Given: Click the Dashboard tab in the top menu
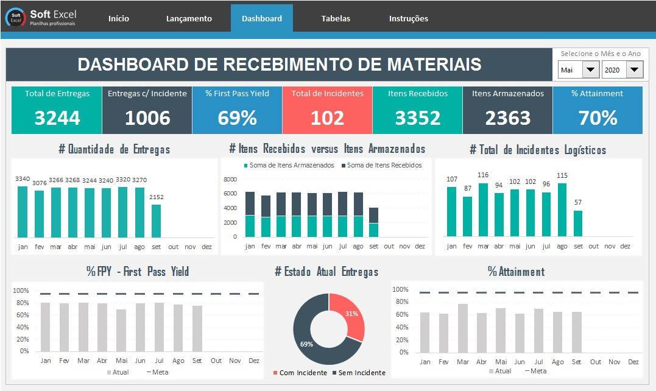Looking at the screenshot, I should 262,18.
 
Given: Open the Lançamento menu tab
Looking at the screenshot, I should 189,18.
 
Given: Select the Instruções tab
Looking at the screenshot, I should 408,18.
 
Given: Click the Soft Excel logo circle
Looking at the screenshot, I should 16,18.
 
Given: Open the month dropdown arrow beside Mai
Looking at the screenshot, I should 590,70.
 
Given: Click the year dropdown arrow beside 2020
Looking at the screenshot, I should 634,70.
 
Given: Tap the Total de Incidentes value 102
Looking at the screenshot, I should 327,118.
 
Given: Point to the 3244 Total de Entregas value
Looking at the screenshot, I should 57,118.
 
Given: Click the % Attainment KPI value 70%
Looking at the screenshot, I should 598,118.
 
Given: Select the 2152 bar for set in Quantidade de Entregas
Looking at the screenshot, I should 157,221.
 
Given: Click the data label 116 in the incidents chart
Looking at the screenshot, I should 483,175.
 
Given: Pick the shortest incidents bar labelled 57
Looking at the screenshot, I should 578,224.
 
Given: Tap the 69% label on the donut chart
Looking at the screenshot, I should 306,344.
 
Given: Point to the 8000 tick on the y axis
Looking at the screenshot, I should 230,180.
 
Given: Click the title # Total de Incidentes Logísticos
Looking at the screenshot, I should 538,149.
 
